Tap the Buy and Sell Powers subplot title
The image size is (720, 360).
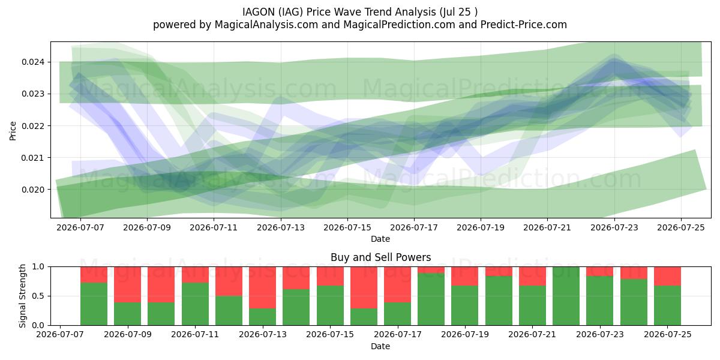380,257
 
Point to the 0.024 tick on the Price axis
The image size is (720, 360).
34,62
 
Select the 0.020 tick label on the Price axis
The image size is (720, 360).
34,190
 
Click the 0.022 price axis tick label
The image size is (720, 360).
34,126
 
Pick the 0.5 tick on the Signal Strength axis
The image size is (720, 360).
39,296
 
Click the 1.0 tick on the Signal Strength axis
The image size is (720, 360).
39,267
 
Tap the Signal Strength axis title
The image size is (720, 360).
22,296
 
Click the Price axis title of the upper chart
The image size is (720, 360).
13,131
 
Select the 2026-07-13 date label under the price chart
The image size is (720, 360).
281,227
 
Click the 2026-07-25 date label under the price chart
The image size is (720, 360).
681,227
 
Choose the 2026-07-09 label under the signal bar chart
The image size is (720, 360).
128,334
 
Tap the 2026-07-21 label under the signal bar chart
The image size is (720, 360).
532,334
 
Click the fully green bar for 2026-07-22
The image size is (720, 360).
566,296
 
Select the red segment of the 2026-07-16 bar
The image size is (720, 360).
364,287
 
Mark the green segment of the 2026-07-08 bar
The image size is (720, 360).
94,304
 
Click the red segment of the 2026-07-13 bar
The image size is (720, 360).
263,287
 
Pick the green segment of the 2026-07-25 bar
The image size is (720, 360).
667,305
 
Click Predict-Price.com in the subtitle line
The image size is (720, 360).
524,25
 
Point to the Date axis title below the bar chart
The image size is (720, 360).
380,346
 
